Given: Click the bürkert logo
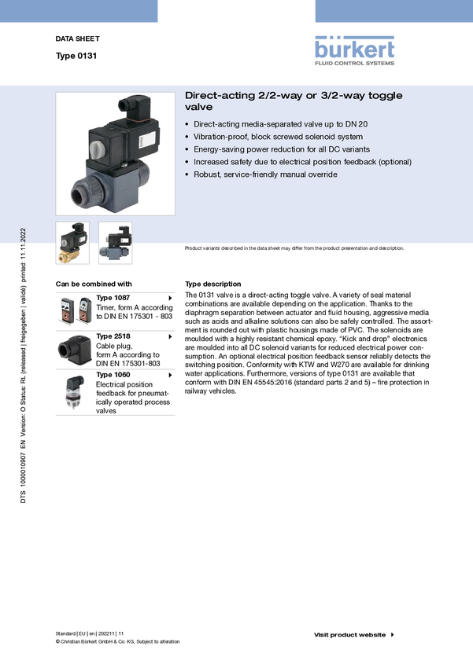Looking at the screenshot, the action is tap(354, 51).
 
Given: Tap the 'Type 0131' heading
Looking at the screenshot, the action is tap(76, 56).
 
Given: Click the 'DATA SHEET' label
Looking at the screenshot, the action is tap(78, 39).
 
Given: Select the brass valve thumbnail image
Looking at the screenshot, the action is tap(72, 242).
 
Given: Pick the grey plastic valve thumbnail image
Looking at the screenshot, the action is tap(115, 242).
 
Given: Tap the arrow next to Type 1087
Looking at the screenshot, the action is tap(170, 298).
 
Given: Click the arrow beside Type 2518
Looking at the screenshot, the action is tap(170, 336).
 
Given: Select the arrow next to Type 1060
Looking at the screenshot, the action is tap(170, 375).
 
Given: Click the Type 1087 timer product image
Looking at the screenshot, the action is tap(75, 310).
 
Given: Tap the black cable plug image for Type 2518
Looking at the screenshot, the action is tap(74, 351).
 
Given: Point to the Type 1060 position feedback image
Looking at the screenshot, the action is tap(73, 392).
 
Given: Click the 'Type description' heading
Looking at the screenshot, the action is tap(212, 284).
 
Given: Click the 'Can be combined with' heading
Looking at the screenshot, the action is tap(94, 284).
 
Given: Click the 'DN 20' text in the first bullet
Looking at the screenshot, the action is tap(357, 124).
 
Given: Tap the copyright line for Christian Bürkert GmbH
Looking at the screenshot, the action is tap(118, 641).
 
